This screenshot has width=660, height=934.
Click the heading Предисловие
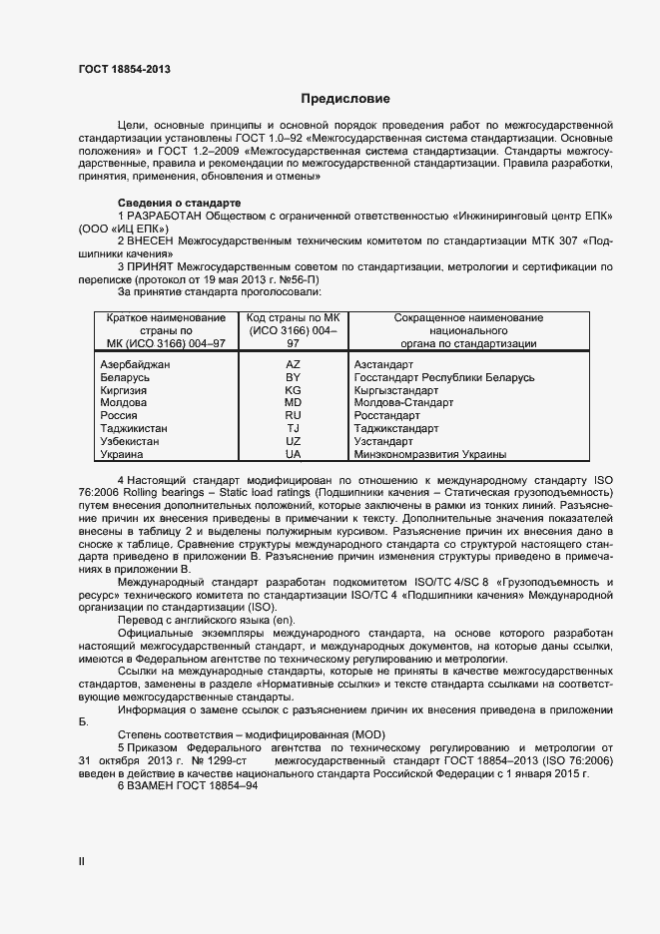point(345,99)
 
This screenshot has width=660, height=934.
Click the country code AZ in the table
point(293,365)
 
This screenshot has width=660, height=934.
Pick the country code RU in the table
point(293,415)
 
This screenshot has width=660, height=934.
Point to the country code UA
point(293,454)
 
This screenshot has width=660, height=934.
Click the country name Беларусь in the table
point(126,378)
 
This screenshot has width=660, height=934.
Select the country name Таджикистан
point(135,428)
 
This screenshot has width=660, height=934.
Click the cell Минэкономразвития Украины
point(430,454)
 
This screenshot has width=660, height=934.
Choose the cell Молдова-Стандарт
point(403,403)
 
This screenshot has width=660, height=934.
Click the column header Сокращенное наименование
point(468,317)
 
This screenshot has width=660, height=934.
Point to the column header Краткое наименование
point(160,317)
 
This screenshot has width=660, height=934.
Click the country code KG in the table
point(293,391)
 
